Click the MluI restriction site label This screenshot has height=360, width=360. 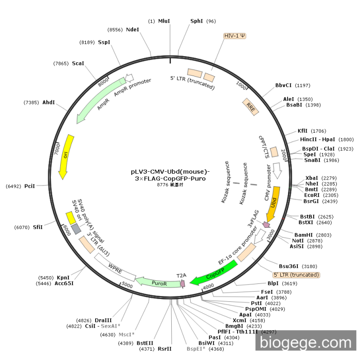click(164, 21)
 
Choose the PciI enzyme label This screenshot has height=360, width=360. click(29, 186)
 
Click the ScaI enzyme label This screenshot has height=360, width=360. click(78, 63)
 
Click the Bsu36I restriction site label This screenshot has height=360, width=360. click(290, 266)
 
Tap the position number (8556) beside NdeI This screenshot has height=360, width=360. click(115, 30)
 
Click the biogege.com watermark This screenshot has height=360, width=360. click(305, 341)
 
